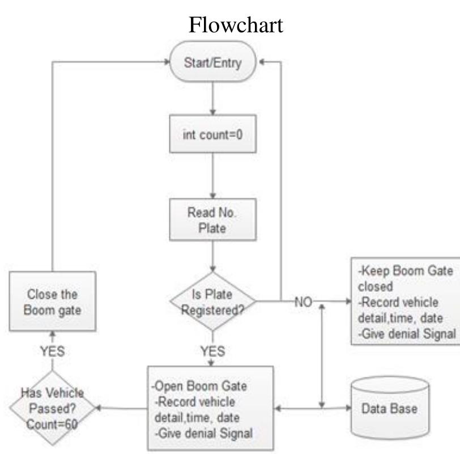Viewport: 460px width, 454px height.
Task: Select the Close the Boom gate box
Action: click(52, 302)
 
